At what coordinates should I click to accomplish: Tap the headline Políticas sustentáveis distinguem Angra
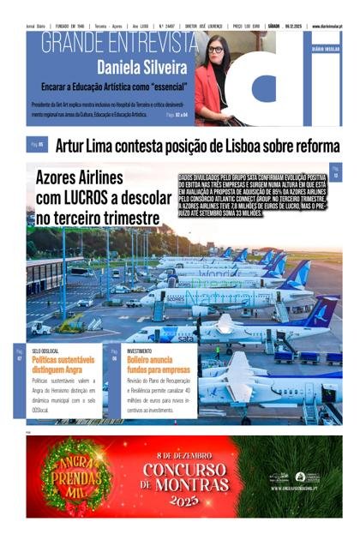(x=63, y=363)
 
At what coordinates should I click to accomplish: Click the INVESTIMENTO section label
(x=140, y=351)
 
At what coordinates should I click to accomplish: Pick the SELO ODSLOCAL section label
(x=45, y=351)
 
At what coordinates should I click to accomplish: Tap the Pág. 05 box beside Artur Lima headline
(x=38, y=146)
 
